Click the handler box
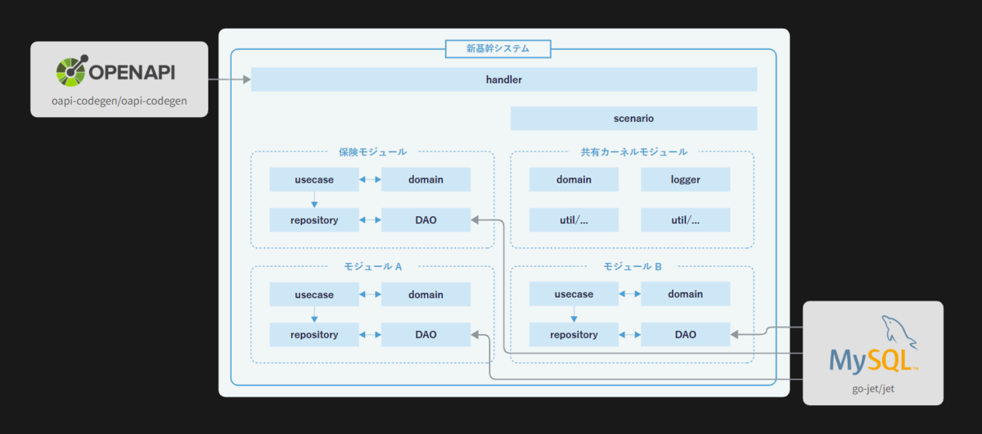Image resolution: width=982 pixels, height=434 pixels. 504,79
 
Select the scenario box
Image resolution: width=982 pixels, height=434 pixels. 633,119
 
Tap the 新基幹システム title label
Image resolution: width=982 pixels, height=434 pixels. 498,48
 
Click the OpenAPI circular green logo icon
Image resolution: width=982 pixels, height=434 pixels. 72,70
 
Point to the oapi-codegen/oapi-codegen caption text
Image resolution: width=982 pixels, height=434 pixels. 119,101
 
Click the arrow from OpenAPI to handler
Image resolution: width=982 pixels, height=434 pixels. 229,79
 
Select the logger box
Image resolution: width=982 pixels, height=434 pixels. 685,179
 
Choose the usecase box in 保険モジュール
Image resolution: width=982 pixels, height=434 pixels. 314,179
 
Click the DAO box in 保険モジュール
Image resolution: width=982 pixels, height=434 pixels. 426,219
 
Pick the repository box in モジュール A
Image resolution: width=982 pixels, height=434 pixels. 314,335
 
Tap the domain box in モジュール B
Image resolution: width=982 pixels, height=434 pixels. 685,294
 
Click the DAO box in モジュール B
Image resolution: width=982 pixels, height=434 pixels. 685,334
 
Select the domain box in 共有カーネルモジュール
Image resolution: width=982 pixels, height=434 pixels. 574,179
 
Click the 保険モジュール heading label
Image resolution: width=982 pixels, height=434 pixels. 372,151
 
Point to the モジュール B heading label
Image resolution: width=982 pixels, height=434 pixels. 633,266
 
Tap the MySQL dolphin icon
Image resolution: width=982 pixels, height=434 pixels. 899,332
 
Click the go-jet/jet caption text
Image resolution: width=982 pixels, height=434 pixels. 873,389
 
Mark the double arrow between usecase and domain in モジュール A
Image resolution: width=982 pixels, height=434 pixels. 370,295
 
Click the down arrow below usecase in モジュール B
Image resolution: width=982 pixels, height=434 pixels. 574,314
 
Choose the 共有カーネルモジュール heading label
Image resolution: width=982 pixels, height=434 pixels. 634,151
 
